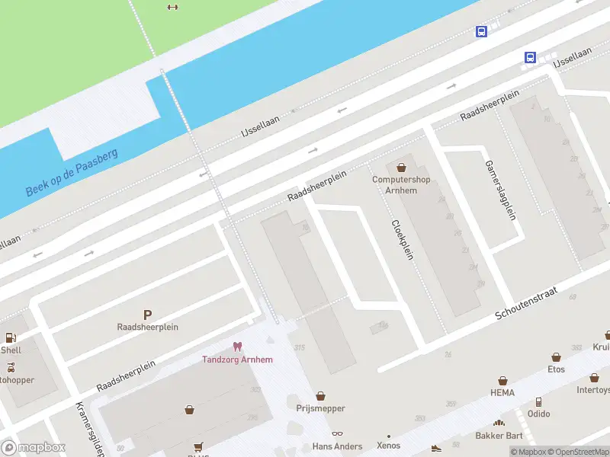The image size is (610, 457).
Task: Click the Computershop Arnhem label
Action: click(x=401, y=185)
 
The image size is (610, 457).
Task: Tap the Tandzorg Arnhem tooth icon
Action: click(x=237, y=347)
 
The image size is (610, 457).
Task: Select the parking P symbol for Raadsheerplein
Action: click(x=147, y=314)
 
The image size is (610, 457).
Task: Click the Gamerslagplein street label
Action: click(x=500, y=190)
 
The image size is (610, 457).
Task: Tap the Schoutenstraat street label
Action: click(x=526, y=303)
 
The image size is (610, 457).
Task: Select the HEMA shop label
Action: click(x=502, y=393)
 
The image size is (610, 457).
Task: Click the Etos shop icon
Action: click(x=556, y=356)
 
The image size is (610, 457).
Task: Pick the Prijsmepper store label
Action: click(x=320, y=408)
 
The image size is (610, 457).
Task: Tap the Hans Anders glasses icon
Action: click(x=337, y=434)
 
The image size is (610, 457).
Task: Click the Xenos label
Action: click(x=388, y=446)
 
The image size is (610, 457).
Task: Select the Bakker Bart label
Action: click(x=499, y=436)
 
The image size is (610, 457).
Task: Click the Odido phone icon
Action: click(x=538, y=401)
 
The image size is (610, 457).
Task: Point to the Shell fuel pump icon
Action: click(x=11, y=337)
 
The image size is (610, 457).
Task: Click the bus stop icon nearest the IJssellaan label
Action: click(x=530, y=56)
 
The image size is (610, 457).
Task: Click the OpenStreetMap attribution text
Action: click(x=576, y=452)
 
